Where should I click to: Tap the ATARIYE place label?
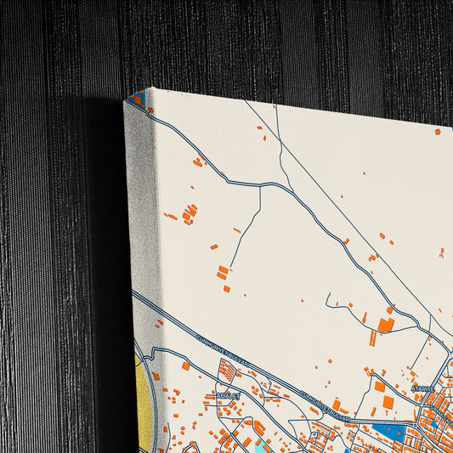click(422, 388)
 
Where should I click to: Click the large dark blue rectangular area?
click(390, 431)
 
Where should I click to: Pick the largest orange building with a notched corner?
click(385, 325)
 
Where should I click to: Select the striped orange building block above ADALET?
click(227, 371)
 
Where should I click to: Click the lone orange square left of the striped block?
click(185, 366)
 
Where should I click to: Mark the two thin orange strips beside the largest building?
click(371, 337)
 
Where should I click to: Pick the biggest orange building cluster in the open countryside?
click(189, 212)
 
